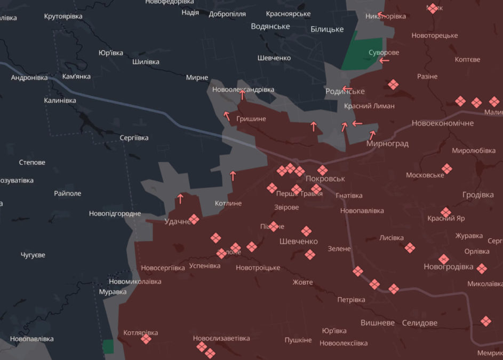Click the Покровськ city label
(325, 179)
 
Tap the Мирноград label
(387, 143)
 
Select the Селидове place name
(419, 323)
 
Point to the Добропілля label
(228, 14)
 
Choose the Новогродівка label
(448, 266)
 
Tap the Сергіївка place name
(134, 138)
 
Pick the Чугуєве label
(33, 255)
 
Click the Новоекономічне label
(443, 123)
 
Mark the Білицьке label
(327, 29)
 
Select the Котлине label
(228, 203)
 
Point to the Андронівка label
(29, 77)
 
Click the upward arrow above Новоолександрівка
(242, 95)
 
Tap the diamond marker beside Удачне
(194, 219)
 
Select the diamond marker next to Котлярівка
(146, 339)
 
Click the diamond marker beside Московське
(447, 169)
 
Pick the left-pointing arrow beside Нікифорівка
(380, 15)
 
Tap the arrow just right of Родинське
(347, 89)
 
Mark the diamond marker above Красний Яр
(446, 212)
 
